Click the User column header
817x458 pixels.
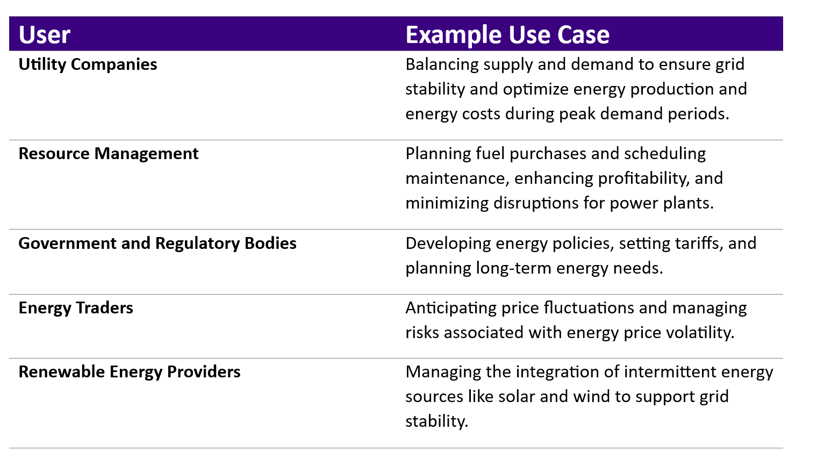click(x=45, y=35)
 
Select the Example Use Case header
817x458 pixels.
click(x=507, y=35)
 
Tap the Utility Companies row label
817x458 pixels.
click(x=88, y=65)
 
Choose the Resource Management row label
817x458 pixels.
click(x=108, y=154)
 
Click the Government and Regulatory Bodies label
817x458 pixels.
click(x=157, y=244)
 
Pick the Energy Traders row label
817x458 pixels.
click(x=75, y=308)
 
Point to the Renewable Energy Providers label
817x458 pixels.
click(x=129, y=372)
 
